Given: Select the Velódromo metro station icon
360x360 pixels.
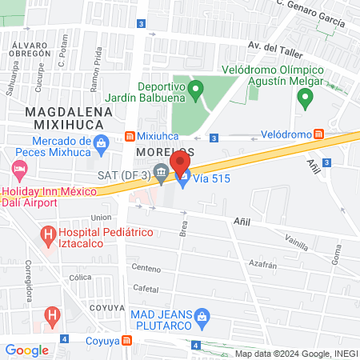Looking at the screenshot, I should click(x=318, y=134).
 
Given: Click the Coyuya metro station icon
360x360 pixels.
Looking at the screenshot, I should click(x=128, y=341).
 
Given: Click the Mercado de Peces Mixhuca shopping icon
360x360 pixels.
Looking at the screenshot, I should click(x=101, y=145).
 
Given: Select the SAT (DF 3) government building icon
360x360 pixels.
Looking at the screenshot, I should click(x=161, y=171).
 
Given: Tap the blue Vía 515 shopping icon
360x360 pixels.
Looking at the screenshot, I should click(x=182, y=179).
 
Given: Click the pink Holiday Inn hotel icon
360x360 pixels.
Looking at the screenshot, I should click(x=19, y=170).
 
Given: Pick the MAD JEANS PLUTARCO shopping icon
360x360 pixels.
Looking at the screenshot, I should click(x=203, y=318).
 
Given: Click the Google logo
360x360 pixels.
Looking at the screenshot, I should click(x=26, y=350).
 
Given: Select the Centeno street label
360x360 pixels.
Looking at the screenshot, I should click(x=146, y=268).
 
